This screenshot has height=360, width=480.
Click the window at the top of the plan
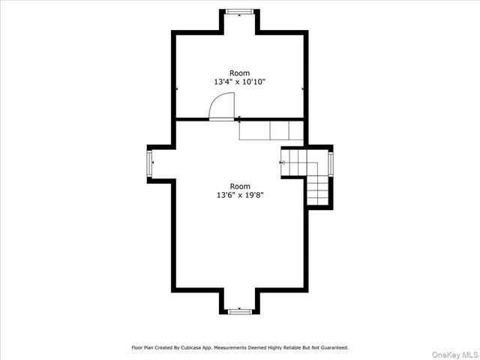240,11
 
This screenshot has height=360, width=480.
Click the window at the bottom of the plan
240,310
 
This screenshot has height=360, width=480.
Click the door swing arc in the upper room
223,107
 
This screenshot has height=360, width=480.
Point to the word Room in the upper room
240,72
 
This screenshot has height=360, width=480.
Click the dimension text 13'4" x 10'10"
240,81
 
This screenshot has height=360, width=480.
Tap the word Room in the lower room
240,186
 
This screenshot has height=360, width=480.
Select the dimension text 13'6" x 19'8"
240,195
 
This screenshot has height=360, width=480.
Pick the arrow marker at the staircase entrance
282,161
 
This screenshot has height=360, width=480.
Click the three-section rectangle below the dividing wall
271,130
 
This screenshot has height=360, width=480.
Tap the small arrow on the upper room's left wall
177,88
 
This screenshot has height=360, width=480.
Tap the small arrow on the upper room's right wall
303,88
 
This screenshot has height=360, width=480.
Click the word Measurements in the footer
249,348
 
